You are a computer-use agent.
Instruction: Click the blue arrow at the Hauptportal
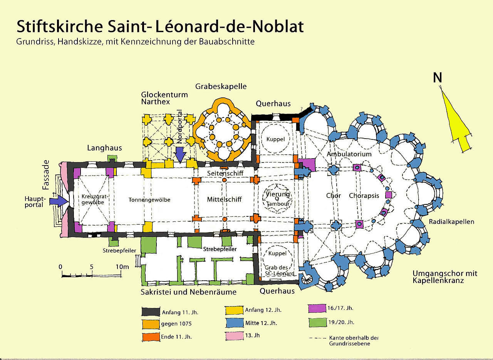click(x=59, y=201)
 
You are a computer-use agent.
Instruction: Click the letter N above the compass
click(x=437, y=77)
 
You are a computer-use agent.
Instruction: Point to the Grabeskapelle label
click(x=221, y=86)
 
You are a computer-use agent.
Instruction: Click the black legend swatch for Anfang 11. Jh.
click(x=151, y=311)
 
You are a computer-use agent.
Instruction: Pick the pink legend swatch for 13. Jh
click(x=235, y=336)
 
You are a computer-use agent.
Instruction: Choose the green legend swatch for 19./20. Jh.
click(x=317, y=322)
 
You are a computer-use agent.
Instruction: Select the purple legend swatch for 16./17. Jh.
click(x=317, y=308)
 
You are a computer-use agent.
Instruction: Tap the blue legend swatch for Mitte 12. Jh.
click(x=235, y=323)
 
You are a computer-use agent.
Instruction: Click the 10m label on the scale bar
click(x=122, y=267)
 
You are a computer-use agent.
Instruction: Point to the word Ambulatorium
click(x=349, y=154)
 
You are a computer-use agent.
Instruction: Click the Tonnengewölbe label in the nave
click(x=149, y=200)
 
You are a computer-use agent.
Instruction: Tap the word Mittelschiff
click(x=224, y=199)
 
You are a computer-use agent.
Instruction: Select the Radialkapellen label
click(x=451, y=222)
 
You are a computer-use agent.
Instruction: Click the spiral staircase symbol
click(x=307, y=280)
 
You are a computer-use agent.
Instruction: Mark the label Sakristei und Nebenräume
click(x=189, y=292)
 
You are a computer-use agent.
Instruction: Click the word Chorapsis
click(x=364, y=196)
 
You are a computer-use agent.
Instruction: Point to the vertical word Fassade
click(x=46, y=175)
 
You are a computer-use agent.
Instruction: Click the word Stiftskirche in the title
click(x=60, y=27)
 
